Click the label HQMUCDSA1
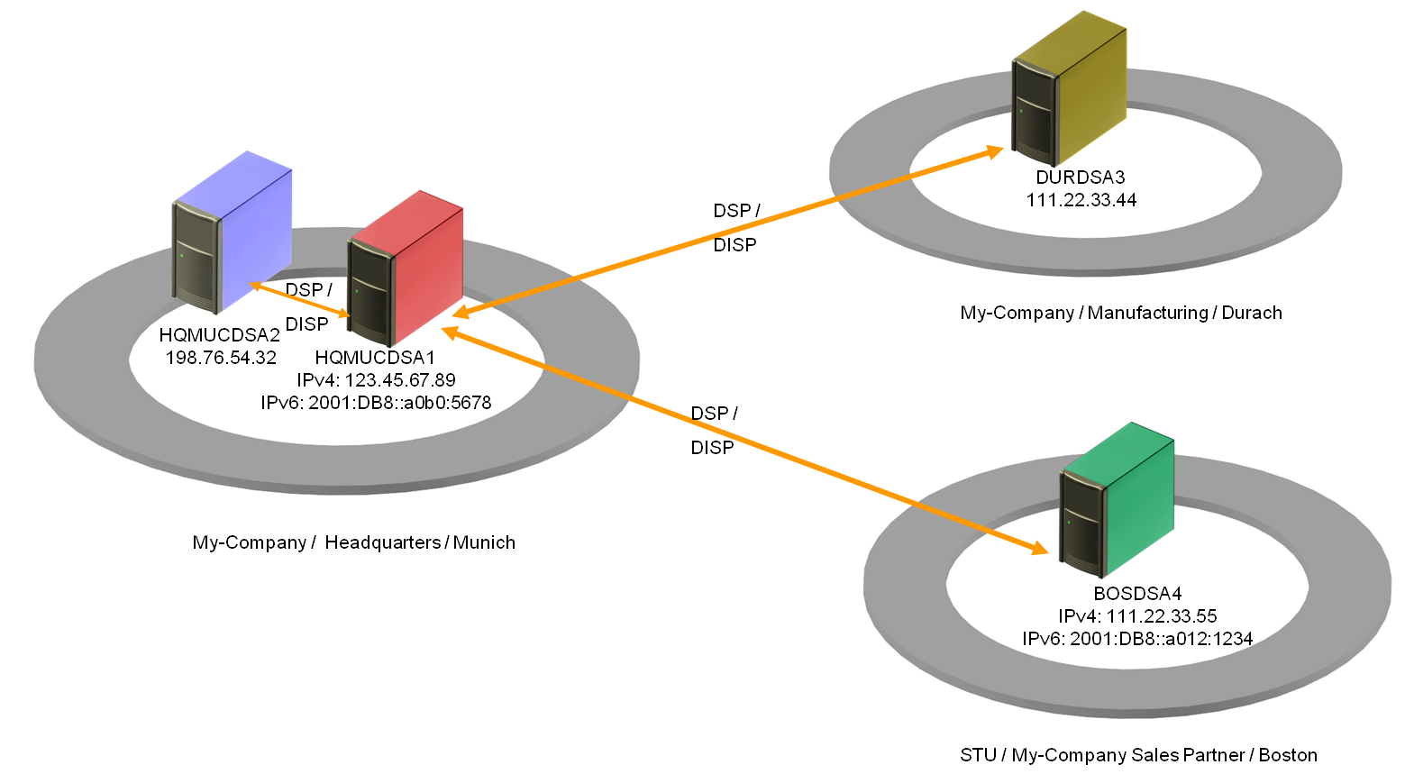click(375, 358)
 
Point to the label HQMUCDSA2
click(220, 335)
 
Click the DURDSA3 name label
click(1081, 178)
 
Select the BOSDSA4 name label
click(1137, 594)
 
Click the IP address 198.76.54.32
click(221, 358)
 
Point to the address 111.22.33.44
click(1081, 200)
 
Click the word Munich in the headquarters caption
click(484, 542)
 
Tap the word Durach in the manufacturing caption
click(1252, 313)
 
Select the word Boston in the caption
click(1288, 755)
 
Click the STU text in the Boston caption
click(977, 755)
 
